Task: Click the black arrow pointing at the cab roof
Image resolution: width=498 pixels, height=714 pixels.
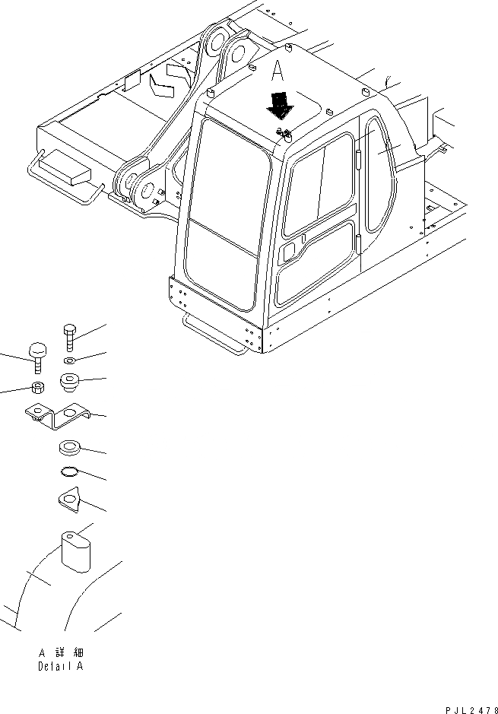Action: [280, 105]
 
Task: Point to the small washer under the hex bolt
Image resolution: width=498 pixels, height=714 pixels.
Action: [69, 360]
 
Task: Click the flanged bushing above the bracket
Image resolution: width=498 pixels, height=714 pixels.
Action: [69, 382]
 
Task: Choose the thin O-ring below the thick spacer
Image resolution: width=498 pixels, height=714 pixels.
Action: [69, 473]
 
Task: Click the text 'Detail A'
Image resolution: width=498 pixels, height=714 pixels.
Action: [61, 666]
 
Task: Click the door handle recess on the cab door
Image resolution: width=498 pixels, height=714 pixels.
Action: [289, 252]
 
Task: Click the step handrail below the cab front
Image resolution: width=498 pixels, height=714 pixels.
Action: [213, 335]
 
